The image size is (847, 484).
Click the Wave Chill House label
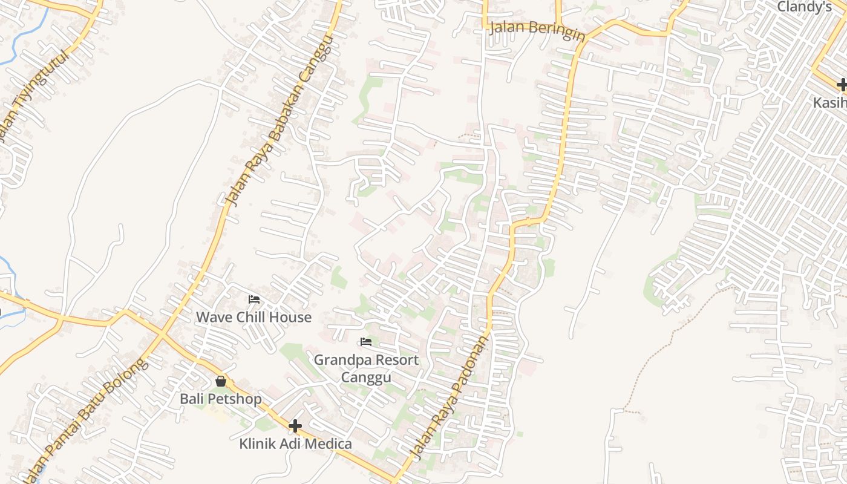click(253, 317)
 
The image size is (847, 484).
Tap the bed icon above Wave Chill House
click(254, 299)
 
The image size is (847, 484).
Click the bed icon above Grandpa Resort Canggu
click(366, 342)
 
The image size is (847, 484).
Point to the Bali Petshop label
click(221, 399)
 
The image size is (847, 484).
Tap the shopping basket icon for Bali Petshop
click(221, 381)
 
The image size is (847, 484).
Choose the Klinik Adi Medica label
click(295, 444)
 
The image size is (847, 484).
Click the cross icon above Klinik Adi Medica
click(295, 426)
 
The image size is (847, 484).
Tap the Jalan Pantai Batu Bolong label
click(85, 417)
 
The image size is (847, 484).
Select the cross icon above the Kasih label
click(842, 85)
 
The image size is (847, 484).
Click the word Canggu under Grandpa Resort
click(366, 378)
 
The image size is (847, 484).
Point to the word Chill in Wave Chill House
click(255, 317)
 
